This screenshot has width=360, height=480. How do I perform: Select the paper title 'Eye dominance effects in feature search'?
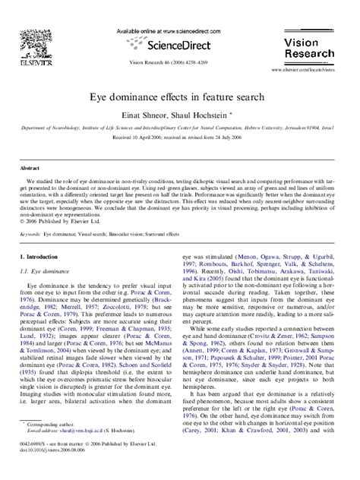[179, 98]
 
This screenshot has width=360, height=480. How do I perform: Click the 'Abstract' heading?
[30, 168]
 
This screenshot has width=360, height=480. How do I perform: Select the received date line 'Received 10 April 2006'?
[179, 139]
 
